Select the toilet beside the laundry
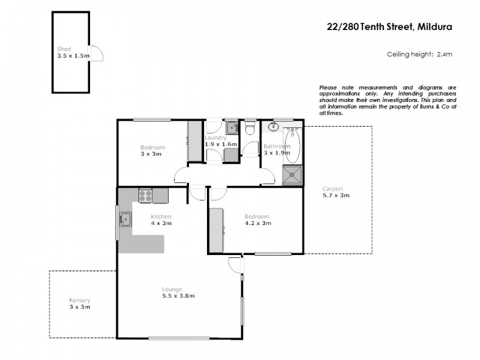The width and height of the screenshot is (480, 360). coord(250,128)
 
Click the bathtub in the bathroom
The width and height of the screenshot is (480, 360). coord(293,145)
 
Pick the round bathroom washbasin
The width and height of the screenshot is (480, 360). coord(274,127)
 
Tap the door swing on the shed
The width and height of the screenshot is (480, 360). coord(97,54)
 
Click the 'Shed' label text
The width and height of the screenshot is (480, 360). coord(64,49)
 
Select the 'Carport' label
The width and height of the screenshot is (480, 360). coord(332,188)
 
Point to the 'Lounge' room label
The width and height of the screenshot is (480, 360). coord(172,289)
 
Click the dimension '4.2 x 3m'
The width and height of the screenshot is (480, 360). coord(257,223)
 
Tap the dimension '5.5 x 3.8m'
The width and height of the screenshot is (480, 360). coord(178,296)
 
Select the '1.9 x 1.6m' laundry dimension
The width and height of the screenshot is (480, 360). coord(221,145)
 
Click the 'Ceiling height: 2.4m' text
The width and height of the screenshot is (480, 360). coord(419,54)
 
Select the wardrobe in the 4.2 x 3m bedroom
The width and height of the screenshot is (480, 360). coord(216,230)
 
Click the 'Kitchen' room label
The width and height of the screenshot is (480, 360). coord(161,216)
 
